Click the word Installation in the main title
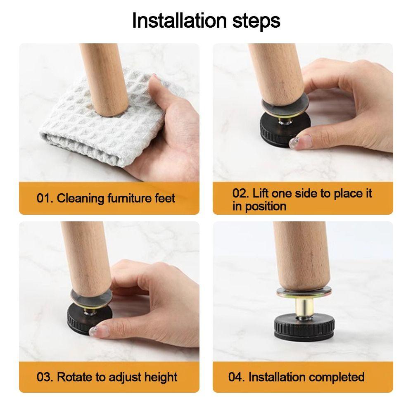pos(179,21)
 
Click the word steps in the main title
pos(256,21)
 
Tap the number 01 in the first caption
pos(43,198)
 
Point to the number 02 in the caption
pos(239,193)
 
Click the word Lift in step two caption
pos(261,193)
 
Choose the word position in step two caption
pos(266,206)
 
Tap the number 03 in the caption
pos(43,377)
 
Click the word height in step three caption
pos(161,377)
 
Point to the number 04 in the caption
pos(235,377)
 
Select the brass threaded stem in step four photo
pos(304,307)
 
